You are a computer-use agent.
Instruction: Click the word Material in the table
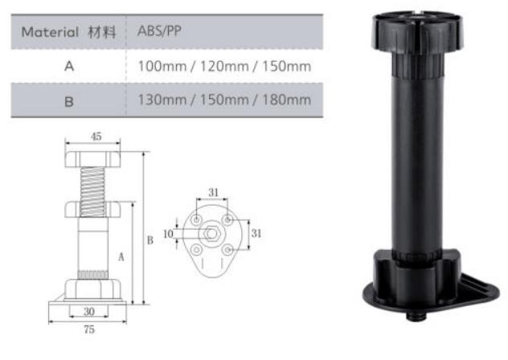pyautogui.click(x=50, y=32)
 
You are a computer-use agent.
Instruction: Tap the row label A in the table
pyautogui.click(x=69, y=66)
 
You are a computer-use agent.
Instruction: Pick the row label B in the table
pyautogui.click(x=69, y=102)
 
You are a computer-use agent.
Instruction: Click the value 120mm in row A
pyautogui.click(x=224, y=67)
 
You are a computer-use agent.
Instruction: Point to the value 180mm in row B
pyautogui.click(x=286, y=100)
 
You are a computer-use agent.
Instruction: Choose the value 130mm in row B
pyautogui.click(x=162, y=100)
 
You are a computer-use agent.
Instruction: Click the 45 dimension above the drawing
pyautogui.click(x=96, y=137)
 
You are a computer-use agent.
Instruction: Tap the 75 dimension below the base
pyautogui.click(x=89, y=329)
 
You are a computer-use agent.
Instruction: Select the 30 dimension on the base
pyautogui.click(x=89, y=312)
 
